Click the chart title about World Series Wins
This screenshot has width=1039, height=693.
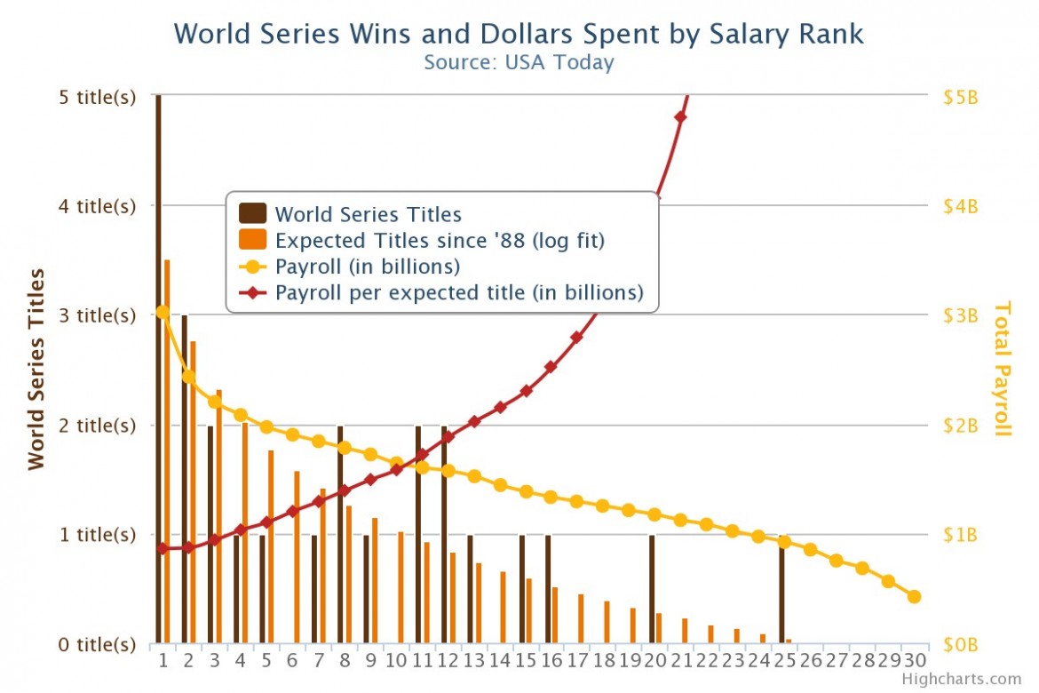pos(519,34)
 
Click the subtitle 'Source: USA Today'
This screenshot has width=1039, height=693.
pos(519,62)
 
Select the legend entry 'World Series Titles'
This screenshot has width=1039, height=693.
pos(368,214)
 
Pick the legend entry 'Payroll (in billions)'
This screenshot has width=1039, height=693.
pos(367,267)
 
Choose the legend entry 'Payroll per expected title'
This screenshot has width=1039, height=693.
pos(458,292)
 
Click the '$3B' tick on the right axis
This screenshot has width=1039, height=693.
pos(959,315)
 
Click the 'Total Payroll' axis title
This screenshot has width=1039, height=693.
pos(1003,368)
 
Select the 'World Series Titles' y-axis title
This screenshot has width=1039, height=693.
pos(36,368)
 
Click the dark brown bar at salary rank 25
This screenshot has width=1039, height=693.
pos(781,588)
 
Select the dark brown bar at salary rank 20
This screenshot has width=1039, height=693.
pos(652,588)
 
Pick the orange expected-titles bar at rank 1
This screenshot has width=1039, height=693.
pos(167,451)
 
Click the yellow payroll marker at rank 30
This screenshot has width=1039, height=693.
pos(914,596)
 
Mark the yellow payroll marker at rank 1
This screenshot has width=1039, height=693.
pos(163,312)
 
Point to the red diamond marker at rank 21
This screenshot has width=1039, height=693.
pos(681,117)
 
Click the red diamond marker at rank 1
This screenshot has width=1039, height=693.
pos(163,548)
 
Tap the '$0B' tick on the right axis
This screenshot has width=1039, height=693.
pos(959,644)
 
